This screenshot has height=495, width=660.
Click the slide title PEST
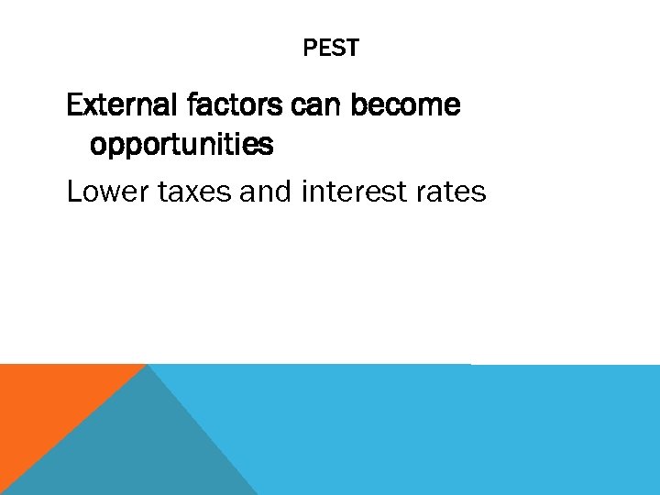click(x=331, y=48)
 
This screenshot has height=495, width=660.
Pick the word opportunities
click(x=181, y=145)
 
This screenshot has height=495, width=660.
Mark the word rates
click(x=452, y=192)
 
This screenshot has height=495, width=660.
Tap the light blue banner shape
click(x=458, y=431)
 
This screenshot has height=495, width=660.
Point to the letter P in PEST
click(x=309, y=48)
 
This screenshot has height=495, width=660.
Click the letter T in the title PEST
click(x=353, y=48)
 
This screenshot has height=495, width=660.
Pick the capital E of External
click(x=74, y=105)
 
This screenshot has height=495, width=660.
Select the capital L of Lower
click(x=74, y=192)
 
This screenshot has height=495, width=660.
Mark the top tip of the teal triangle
click(x=148, y=366)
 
